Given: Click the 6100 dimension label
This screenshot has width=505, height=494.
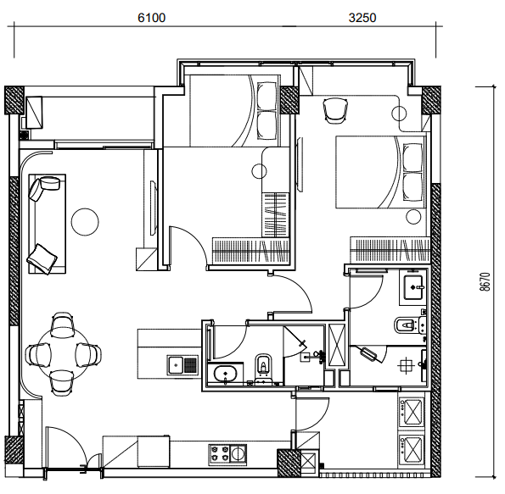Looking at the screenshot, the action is (x=151, y=18).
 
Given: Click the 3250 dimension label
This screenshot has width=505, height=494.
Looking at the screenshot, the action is (x=362, y=18).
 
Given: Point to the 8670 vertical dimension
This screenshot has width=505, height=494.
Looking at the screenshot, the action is (x=485, y=282).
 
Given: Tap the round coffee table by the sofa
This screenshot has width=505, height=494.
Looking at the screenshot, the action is (x=85, y=222).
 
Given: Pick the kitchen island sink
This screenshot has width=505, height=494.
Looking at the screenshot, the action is (x=183, y=364).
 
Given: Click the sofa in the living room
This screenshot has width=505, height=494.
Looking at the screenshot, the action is (x=48, y=224).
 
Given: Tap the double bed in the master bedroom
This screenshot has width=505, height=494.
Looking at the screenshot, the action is (x=381, y=172).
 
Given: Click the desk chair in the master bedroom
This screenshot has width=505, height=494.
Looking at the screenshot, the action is (x=335, y=110).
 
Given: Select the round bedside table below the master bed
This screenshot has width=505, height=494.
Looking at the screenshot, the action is (x=413, y=216).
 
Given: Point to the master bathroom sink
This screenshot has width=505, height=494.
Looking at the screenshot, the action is (x=414, y=287).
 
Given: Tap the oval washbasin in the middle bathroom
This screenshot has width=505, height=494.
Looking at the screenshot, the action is (x=225, y=375).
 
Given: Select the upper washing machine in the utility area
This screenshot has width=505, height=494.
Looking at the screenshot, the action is (x=412, y=412).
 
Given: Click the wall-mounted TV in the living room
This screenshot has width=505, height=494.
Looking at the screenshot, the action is (x=154, y=208).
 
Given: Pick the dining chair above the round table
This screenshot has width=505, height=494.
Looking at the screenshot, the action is (x=63, y=325).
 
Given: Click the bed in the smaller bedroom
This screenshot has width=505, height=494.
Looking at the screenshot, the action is (x=234, y=111).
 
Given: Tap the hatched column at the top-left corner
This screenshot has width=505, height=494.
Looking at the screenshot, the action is (x=14, y=100).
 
